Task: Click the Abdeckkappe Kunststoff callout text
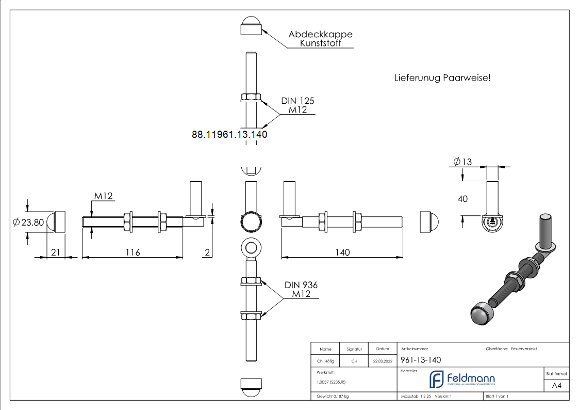(x=320, y=39)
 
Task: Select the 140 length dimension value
(x=342, y=253)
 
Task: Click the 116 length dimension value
(x=133, y=253)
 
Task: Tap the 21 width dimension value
(x=56, y=253)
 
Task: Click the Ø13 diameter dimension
(x=463, y=162)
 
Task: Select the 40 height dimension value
(x=463, y=199)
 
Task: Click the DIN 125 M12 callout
(x=297, y=105)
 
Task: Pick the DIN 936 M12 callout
(x=301, y=289)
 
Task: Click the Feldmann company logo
(x=462, y=380)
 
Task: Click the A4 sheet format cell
(x=557, y=386)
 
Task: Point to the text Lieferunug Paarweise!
(x=442, y=78)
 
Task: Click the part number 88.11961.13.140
(x=229, y=134)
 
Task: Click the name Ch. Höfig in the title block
(x=325, y=361)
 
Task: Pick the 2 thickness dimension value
(x=207, y=253)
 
